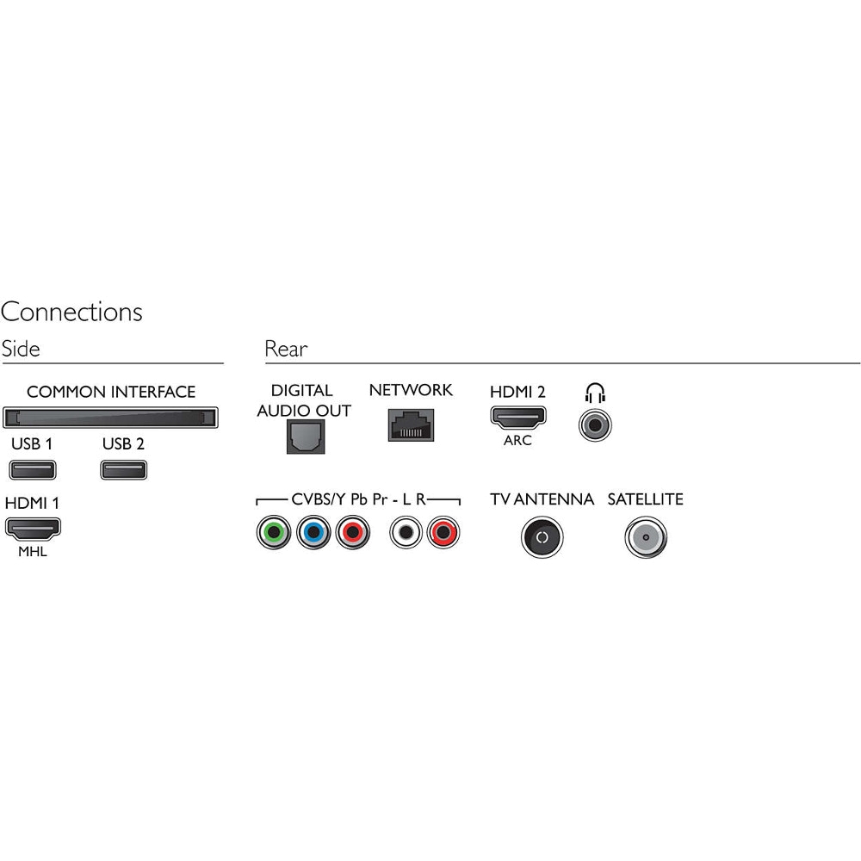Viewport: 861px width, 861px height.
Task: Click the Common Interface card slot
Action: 110,418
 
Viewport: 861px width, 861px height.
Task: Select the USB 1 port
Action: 33,470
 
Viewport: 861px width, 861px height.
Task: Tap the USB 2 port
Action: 123,470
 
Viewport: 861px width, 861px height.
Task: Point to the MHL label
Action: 33,551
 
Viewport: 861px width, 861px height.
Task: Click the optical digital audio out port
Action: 306,437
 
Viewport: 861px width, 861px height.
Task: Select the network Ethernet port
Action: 411,424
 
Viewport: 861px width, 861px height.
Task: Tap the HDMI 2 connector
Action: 517,418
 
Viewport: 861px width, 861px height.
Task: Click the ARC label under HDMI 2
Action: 517,440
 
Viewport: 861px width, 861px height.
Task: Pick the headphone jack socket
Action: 595,424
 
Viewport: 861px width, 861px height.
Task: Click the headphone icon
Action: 595,393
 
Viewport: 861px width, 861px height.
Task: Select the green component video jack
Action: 274,532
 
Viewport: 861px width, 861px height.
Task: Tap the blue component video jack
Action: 313,532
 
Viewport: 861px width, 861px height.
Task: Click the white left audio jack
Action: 406,532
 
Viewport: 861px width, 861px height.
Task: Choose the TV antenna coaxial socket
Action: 542,537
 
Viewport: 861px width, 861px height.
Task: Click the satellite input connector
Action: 646,537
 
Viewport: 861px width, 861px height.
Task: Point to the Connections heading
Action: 71,312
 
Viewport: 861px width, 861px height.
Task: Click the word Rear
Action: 286,349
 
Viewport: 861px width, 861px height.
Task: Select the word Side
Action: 21,349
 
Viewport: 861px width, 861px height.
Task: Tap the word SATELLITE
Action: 645,499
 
